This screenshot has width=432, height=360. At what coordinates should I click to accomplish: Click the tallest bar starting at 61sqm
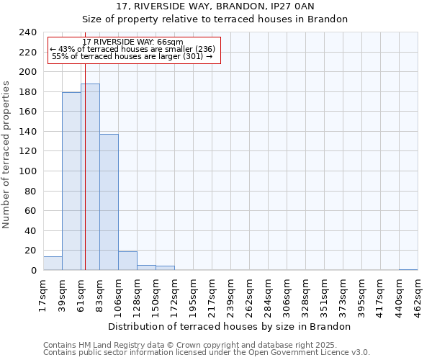pos(90,177)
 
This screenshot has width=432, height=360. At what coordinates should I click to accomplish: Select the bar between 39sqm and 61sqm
pos(71,181)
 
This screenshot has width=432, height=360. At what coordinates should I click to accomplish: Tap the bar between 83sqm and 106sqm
pos(109,202)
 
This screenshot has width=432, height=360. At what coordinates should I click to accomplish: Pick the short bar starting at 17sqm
pos(53,264)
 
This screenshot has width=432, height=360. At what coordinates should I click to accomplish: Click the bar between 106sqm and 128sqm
pos(127,261)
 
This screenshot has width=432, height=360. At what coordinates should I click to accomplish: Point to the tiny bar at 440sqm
pos(408,269)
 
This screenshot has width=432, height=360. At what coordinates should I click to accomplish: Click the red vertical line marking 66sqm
pos(85,166)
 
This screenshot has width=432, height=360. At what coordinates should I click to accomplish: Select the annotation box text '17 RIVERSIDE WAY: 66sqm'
pos(133,42)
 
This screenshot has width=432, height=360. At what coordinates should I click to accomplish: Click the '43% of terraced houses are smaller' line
pos(133,49)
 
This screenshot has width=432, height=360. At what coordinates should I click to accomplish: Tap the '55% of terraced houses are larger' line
pos(133,56)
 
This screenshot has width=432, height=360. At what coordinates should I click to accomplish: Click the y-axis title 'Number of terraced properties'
pos(6,154)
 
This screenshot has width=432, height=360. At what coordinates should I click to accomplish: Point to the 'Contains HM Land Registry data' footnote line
pos(190,346)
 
